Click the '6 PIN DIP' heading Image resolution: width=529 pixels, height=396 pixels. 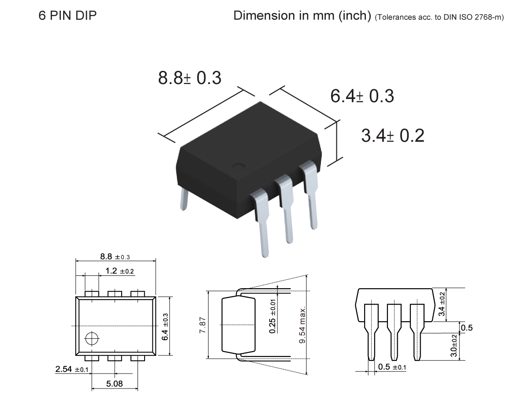click(68, 16)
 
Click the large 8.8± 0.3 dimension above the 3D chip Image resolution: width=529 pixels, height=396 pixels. click(190, 78)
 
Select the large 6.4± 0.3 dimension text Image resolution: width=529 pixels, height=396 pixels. click(362, 96)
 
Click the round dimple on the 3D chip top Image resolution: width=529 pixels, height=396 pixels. click(238, 167)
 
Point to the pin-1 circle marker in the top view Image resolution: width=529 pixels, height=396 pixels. click(92, 338)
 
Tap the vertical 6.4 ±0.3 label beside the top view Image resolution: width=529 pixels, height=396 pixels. click(164, 326)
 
